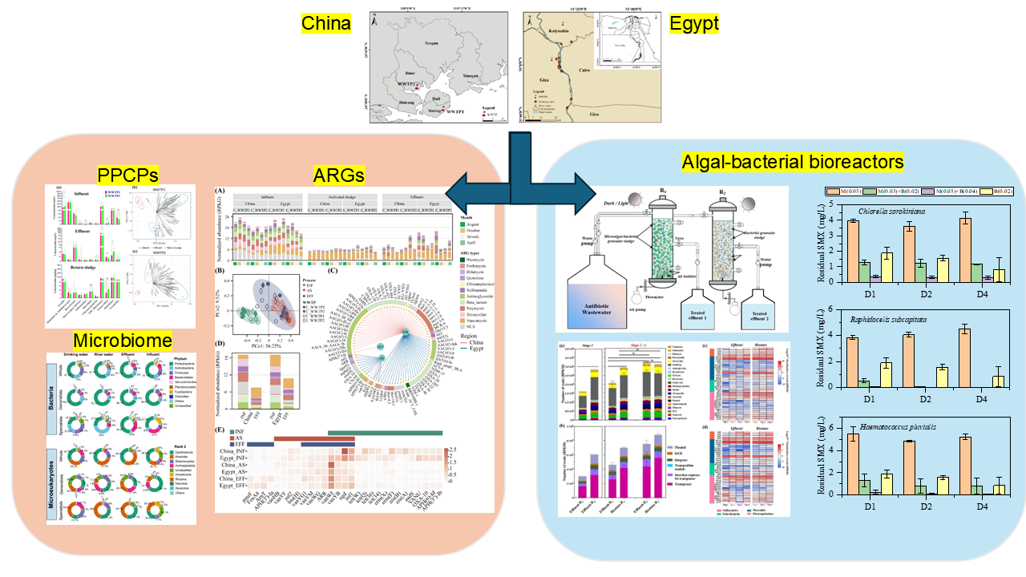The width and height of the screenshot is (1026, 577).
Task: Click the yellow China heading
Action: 325,23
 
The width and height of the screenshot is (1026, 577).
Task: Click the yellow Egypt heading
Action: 694,23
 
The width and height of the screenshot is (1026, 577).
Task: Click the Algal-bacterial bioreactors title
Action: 793,163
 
